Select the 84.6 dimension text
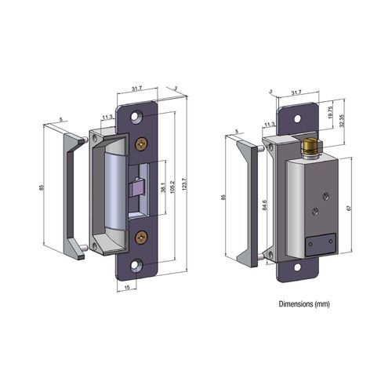(x=266, y=205)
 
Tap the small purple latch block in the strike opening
(x=138, y=187)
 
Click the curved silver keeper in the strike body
(x=114, y=188)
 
